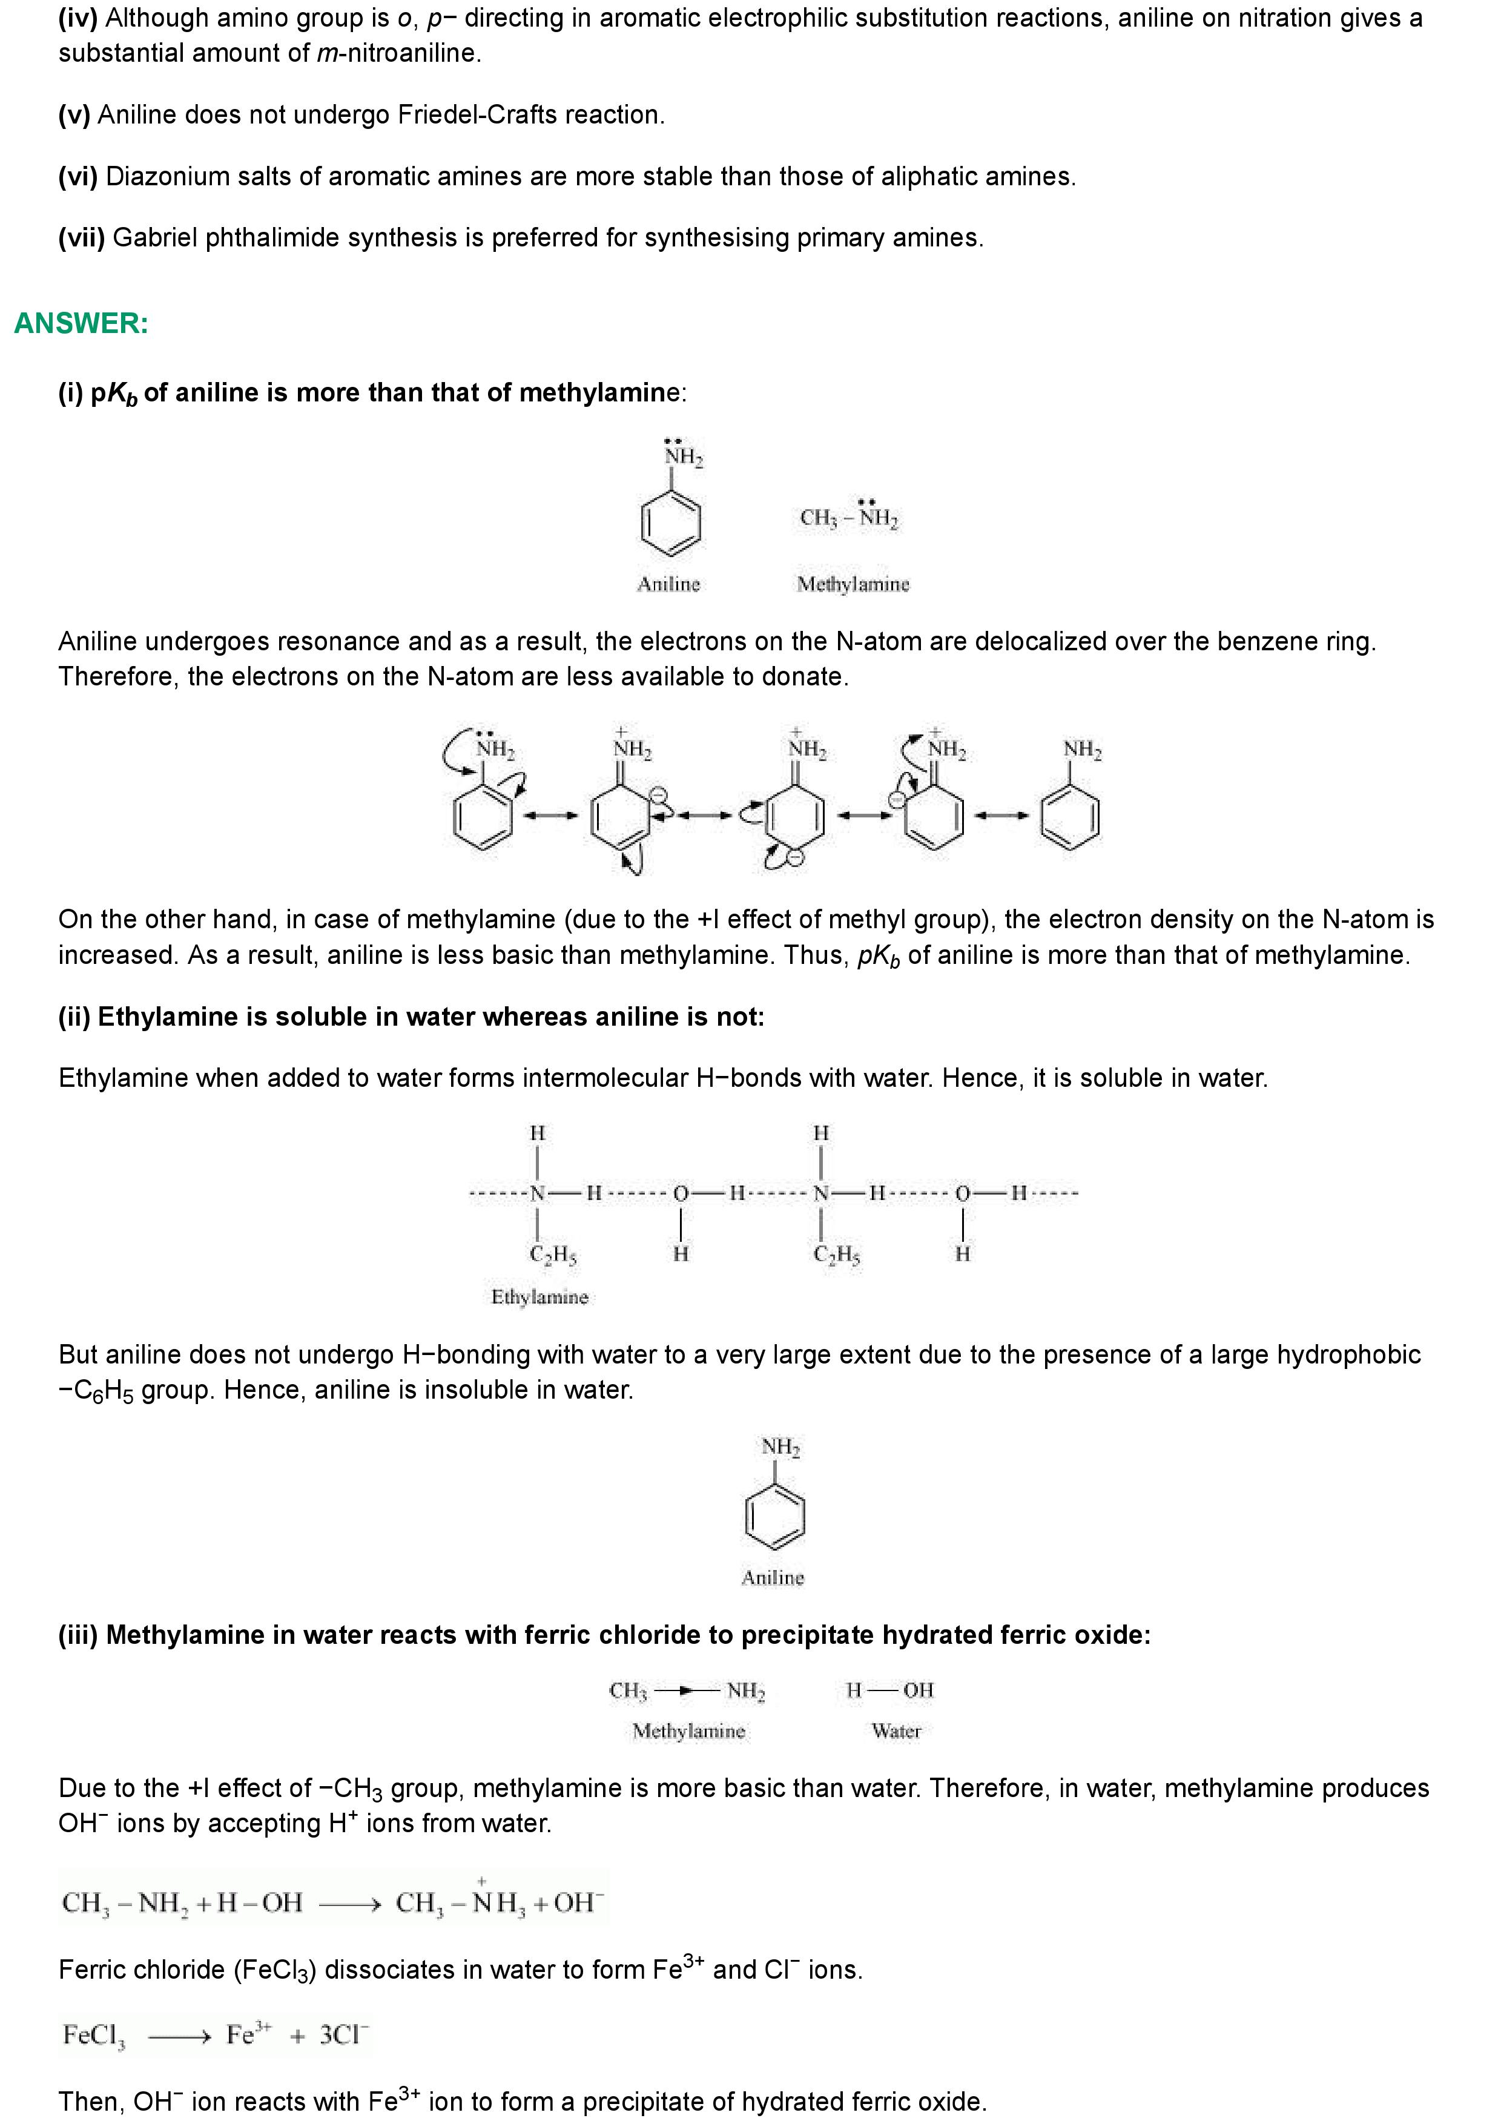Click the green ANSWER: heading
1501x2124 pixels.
(x=81, y=324)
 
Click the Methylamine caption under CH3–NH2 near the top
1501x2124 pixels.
(x=853, y=584)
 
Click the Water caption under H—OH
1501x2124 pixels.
(x=896, y=1731)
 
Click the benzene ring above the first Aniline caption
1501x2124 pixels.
(x=670, y=523)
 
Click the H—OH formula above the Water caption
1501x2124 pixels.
(x=889, y=1690)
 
